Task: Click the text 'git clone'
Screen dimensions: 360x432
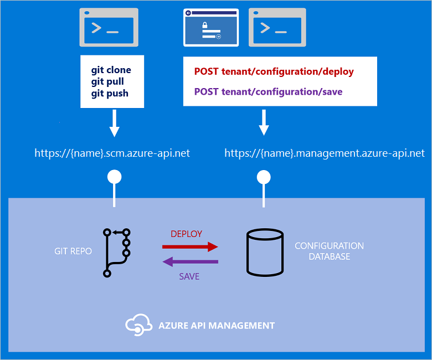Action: tap(111, 70)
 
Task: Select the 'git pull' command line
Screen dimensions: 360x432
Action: tap(107, 81)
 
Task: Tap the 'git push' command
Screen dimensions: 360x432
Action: tap(110, 93)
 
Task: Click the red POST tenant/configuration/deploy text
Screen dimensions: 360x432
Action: tap(274, 71)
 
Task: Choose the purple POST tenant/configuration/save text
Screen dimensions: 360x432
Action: tap(268, 91)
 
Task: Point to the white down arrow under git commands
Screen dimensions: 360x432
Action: tap(114, 123)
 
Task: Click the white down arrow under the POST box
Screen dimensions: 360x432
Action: tap(264, 123)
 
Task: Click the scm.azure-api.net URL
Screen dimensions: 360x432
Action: tap(112, 153)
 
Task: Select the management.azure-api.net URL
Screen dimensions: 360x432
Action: tap(325, 153)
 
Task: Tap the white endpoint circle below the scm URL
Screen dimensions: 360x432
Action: tap(114, 177)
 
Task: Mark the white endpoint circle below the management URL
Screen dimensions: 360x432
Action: tap(264, 177)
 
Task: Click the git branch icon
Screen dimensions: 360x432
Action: tap(116, 252)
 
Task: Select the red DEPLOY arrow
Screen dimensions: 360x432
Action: tap(190, 246)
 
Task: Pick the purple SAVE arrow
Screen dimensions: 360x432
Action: tap(190, 261)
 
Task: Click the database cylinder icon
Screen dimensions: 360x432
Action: tap(265, 252)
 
